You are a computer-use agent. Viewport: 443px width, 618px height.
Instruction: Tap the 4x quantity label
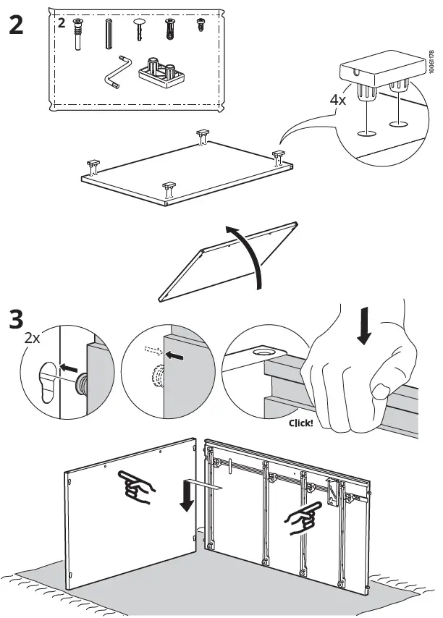[x=337, y=99]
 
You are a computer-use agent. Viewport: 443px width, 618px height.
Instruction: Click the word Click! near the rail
[x=300, y=423]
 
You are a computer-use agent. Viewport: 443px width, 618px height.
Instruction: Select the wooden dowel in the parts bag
[x=110, y=33]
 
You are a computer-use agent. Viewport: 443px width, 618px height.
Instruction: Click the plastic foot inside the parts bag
[x=159, y=72]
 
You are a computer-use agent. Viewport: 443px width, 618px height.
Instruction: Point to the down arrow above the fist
[x=365, y=325]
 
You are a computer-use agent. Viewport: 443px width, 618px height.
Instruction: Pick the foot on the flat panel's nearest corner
[x=169, y=190]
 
